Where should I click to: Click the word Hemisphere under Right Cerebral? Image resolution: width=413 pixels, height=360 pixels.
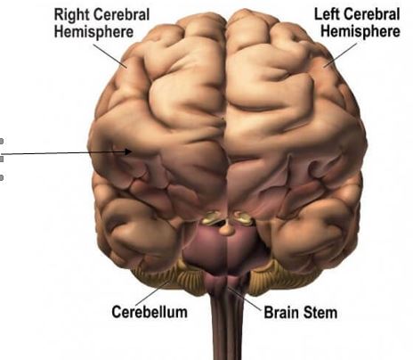pyautogui.click(x=93, y=32)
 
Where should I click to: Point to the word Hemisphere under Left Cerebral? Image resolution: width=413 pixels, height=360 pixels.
pyautogui.click(x=360, y=31)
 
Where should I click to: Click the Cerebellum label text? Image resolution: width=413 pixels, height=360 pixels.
pyautogui.click(x=150, y=312)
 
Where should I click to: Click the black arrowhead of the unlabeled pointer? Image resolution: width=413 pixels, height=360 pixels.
pyautogui.click(x=128, y=151)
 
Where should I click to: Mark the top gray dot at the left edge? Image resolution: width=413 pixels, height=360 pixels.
pyautogui.click(x=2, y=141)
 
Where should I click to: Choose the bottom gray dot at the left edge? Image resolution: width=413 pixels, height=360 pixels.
pyautogui.click(x=2, y=177)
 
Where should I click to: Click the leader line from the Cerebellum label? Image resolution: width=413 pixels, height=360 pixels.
pyautogui.click(x=154, y=292)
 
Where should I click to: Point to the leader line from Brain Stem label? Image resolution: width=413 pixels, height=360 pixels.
pyautogui.click(x=245, y=299)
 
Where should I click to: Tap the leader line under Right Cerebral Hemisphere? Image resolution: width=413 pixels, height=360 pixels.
pyautogui.click(x=110, y=56)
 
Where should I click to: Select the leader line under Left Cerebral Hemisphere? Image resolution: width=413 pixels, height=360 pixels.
pyautogui.click(x=341, y=55)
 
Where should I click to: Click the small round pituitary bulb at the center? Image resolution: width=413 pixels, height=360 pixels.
pyautogui.click(x=226, y=230)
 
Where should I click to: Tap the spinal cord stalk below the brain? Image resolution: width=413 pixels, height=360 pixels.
pyautogui.click(x=227, y=327)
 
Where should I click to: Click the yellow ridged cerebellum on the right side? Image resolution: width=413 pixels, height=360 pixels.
pyautogui.click(x=278, y=279)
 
